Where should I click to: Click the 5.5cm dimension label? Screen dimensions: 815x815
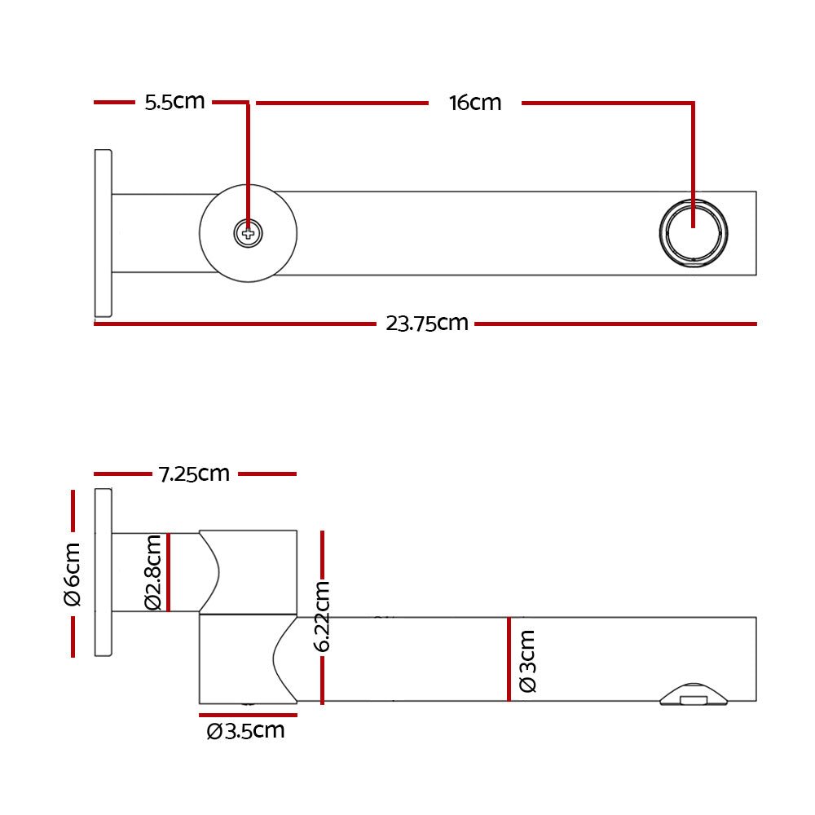click(x=174, y=103)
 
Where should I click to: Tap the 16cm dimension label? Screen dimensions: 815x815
click(x=474, y=104)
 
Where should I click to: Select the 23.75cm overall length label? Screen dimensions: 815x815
click(x=427, y=324)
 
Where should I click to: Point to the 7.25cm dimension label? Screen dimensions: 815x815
click(x=194, y=474)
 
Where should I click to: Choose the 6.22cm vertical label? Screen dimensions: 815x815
click(x=323, y=616)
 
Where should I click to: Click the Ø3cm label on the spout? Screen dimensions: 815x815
click(x=527, y=660)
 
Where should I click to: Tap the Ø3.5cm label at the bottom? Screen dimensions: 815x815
click(x=246, y=731)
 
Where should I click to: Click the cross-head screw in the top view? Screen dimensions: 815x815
click(x=249, y=234)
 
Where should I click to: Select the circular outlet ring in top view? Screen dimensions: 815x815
click(x=692, y=232)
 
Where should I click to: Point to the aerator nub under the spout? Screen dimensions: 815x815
click(x=693, y=694)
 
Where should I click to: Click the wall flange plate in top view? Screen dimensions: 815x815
click(x=103, y=233)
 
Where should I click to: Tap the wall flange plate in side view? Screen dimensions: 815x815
click(x=104, y=572)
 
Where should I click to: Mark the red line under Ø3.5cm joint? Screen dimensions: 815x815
click(x=248, y=716)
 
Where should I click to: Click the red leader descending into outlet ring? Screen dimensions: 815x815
click(x=693, y=163)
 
